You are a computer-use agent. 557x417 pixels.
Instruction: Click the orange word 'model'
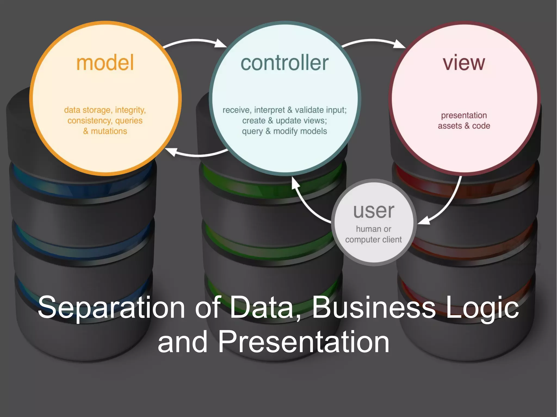[x=105, y=63]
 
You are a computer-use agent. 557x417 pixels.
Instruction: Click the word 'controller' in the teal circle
[x=284, y=63]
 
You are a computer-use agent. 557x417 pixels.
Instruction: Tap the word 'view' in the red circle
[x=464, y=63]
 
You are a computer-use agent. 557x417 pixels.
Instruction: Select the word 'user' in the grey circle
[x=374, y=211]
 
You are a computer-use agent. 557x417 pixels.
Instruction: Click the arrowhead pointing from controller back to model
[x=171, y=151]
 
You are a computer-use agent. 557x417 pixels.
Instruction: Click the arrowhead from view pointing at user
[x=423, y=221]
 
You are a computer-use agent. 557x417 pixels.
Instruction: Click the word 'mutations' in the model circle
[x=109, y=131]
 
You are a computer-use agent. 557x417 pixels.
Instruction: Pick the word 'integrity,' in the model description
[x=130, y=110]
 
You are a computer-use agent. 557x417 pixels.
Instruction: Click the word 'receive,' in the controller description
[x=236, y=110]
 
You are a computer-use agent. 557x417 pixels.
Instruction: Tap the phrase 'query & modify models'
[x=284, y=131]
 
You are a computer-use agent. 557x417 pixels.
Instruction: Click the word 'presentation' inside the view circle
[x=464, y=115]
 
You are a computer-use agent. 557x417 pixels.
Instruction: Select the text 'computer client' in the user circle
[x=373, y=240]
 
